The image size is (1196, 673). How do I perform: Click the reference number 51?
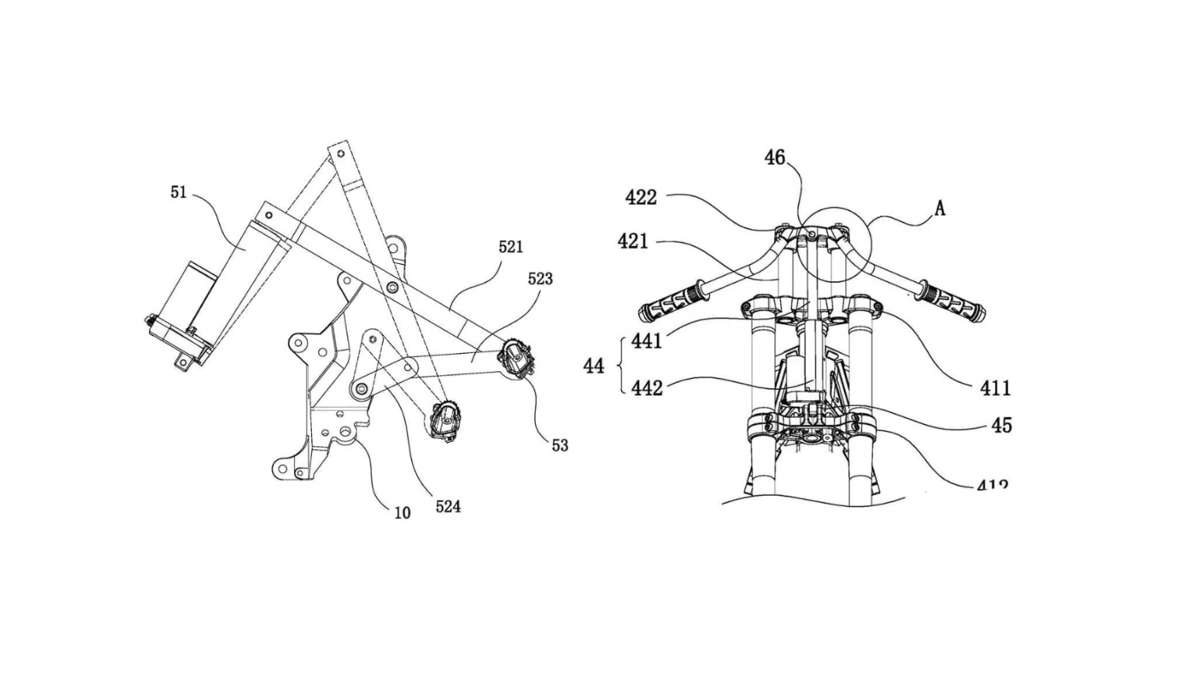pyautogui.click(x=179, y=191)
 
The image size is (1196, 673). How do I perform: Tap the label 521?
pyautogui.click(x=511, y=247)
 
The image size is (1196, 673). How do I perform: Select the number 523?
pyautogui.click(x=540, y=278)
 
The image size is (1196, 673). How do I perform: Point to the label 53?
pyautogui.click(x=559, y=445)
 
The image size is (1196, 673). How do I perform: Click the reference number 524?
pyautogui.click(x=448, y=507)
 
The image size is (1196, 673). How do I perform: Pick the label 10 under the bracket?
pyautogui.click(x=402, y=513)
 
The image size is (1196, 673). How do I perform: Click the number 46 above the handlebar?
pyautogui.click(x=775, y=158)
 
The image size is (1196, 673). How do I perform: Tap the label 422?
pyautogui.click(x=641, y=197)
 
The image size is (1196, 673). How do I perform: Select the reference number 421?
pyautogui.click(x=633, y=240)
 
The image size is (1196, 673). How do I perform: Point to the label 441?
pyautogui.click(x=647, y=341)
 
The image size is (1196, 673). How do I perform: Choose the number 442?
pyautogui.click(x=647, y=388)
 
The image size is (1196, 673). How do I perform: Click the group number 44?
pyautogui.click(x=593, y=366)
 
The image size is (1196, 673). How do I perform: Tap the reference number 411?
pyautogui.click(x=995, y=388)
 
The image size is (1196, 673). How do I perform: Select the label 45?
pyautogui.click(x=1001, y=426)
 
